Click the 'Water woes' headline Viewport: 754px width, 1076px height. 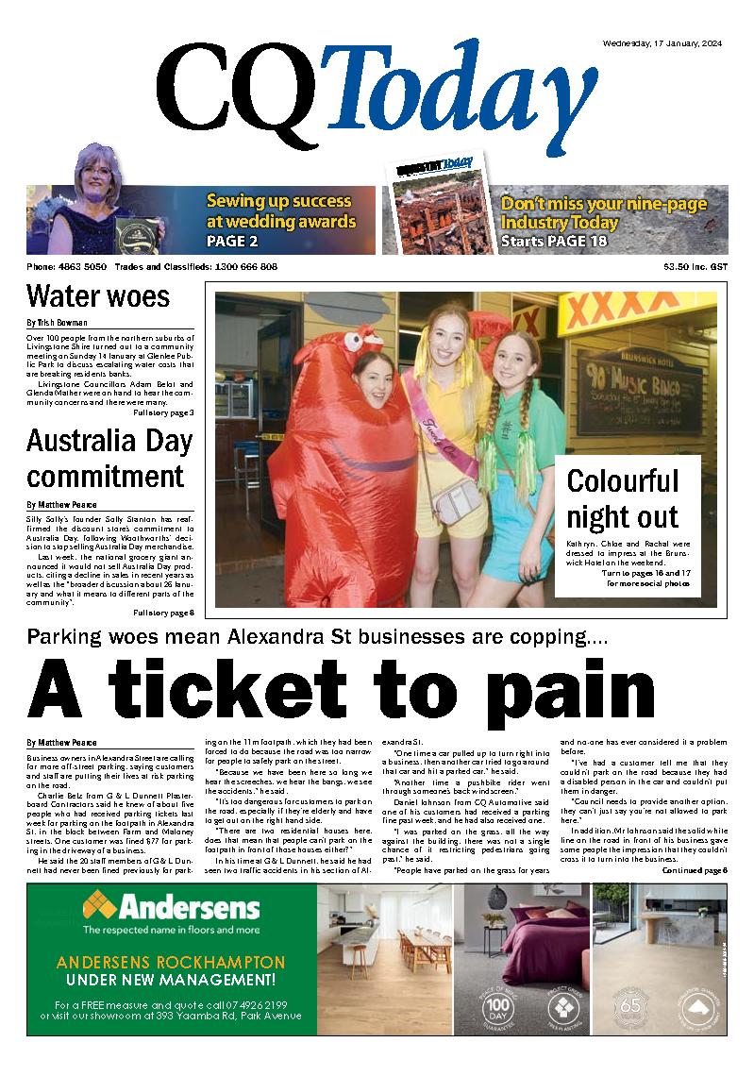tap(98, 296)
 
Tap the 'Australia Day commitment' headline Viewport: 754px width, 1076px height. tap(109, 458)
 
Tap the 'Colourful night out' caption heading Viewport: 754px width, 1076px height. tap(623, 498)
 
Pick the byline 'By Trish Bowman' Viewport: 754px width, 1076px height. tap(59, 323)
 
